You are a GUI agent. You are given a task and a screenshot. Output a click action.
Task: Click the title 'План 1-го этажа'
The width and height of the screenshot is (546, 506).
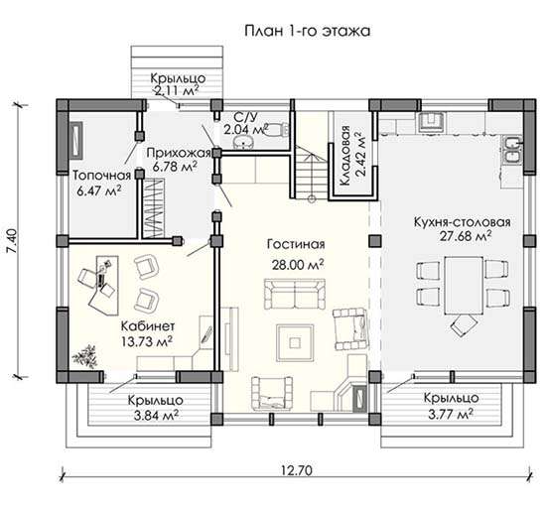point(307,31)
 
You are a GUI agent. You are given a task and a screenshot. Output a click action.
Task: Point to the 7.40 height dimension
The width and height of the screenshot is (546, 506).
point(12,241)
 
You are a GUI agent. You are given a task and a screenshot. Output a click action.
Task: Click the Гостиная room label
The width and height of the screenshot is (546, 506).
point(296,244)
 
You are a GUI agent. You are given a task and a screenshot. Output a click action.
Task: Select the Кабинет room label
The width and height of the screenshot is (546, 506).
point(148,326)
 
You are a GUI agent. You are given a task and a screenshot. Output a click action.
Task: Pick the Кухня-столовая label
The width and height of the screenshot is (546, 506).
point(463,222)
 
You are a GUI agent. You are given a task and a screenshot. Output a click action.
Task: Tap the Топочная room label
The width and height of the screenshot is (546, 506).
point(101,175)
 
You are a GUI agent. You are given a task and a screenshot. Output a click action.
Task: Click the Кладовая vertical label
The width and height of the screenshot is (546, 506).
point(344,156)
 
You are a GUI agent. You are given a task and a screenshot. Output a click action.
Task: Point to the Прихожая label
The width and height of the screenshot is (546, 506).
point(179,153)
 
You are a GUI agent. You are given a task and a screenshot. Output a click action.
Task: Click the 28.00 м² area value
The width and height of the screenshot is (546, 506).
point(298,265)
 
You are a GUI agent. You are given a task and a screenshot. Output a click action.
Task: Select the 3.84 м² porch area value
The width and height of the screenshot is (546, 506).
point(156,415)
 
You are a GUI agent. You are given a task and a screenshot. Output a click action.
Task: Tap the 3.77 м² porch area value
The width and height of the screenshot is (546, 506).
point(451,414)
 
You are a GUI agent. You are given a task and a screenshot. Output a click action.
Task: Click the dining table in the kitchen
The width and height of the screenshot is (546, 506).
point(464,286)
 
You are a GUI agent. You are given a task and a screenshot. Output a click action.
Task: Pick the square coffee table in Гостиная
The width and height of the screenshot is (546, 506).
point(295,342)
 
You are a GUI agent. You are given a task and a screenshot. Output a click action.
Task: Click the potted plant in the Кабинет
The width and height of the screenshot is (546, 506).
point(84,356)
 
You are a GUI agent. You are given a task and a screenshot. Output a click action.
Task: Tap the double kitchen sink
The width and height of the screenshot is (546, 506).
point(512,150)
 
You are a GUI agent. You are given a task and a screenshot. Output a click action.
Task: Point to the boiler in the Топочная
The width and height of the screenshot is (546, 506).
point(77,140)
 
